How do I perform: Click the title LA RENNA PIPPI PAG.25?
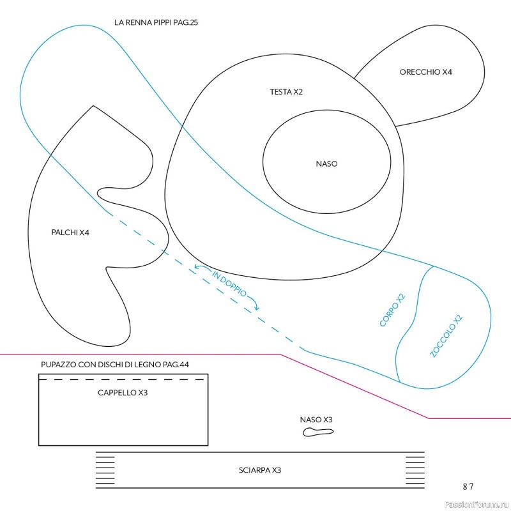(156, 22)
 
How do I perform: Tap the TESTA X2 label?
(286, 92)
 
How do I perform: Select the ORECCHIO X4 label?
(425, 72)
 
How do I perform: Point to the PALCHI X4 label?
(70, 233)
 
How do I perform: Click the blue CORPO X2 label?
(392, 310)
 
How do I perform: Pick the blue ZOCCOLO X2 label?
(446, 336)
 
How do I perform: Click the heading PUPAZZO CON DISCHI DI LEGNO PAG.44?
(115, 364)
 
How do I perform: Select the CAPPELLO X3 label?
(123, 393)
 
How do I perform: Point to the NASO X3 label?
(316, 420)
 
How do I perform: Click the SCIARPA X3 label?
(260, 470)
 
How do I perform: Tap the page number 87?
(468, 487)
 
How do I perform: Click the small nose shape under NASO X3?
(318, 432)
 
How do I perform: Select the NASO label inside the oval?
(326, 164)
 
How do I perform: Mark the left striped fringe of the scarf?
(105, 470)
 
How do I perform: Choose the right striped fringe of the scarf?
(415, 470)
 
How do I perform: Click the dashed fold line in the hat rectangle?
(121, 379)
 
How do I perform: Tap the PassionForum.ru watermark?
(477, 505)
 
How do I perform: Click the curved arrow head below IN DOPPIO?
(257, 308)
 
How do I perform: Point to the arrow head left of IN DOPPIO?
(197, 267)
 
